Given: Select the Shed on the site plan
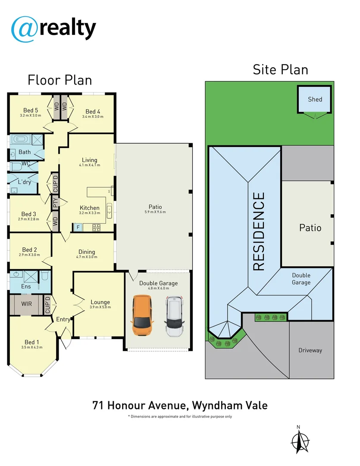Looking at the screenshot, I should click(x=315, y=99).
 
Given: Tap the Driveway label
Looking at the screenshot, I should click(x=310, y=350).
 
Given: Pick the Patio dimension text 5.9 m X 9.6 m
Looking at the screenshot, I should click(x=155, y=212).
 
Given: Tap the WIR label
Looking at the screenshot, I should click(x=26, y=304).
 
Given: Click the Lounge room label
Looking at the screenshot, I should click(x=100, y=302).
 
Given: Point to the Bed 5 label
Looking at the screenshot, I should click(x=30, y=110).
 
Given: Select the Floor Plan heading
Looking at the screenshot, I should click(x=59, y=80).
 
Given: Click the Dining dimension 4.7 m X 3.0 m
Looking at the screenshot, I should click(x=87, y=257).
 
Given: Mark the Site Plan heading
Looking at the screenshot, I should click(x=280, y=69).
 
